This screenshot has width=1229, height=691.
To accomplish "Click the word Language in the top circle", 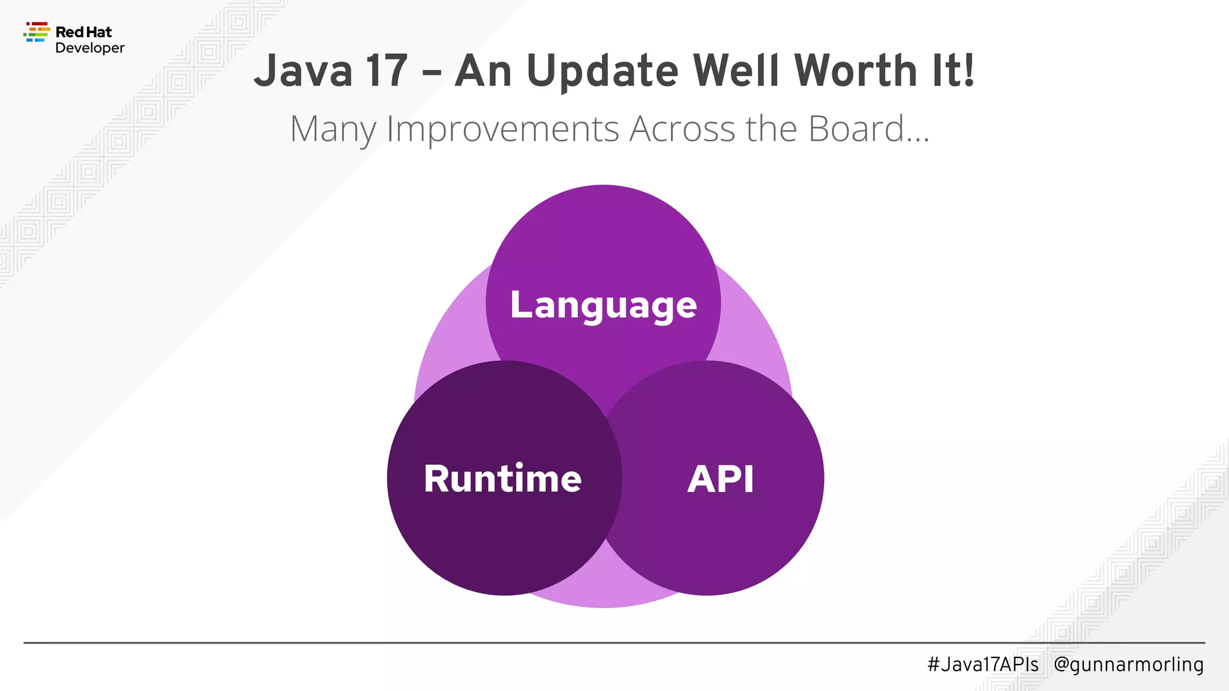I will (603, 305).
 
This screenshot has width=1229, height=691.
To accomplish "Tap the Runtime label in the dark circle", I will (503, 479).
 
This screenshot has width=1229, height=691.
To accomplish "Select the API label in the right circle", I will (720, 479).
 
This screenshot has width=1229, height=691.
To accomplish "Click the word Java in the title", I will (304, 71).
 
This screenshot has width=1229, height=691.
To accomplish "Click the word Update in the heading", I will (602, 71).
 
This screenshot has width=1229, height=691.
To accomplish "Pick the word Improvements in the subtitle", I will (502, 128).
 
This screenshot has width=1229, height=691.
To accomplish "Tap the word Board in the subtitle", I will (856, 128).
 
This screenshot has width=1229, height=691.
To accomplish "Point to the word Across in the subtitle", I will (682, 128).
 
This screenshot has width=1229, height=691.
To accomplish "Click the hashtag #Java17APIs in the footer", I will (983, 664).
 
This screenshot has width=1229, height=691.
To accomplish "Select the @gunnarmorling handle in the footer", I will (1128, 664).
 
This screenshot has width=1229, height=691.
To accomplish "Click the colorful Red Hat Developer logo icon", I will (37, 32).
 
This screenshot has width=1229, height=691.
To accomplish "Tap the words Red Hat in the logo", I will (83, 32).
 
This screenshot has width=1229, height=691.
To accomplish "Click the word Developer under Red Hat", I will (89, 48).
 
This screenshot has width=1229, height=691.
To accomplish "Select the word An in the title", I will (482, 71).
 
